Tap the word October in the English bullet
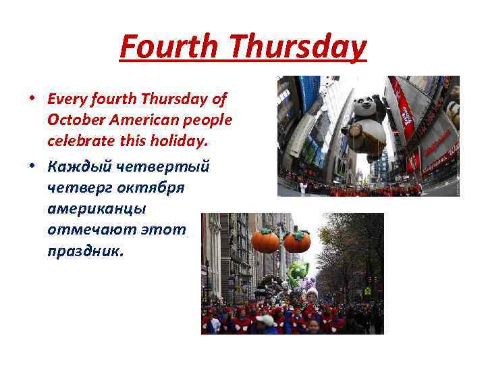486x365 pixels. (x=74, y=120)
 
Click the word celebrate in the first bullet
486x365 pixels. (x=78, y=141)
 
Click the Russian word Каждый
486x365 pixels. (x=75, y=165)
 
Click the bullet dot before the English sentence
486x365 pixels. (x=32, y=99)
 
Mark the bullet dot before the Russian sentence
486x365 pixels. (x=32, y=165)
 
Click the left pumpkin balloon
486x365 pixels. (x=265, y=240)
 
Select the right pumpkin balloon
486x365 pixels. (x=297, y=240)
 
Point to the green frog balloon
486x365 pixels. (x=298, y=273)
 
